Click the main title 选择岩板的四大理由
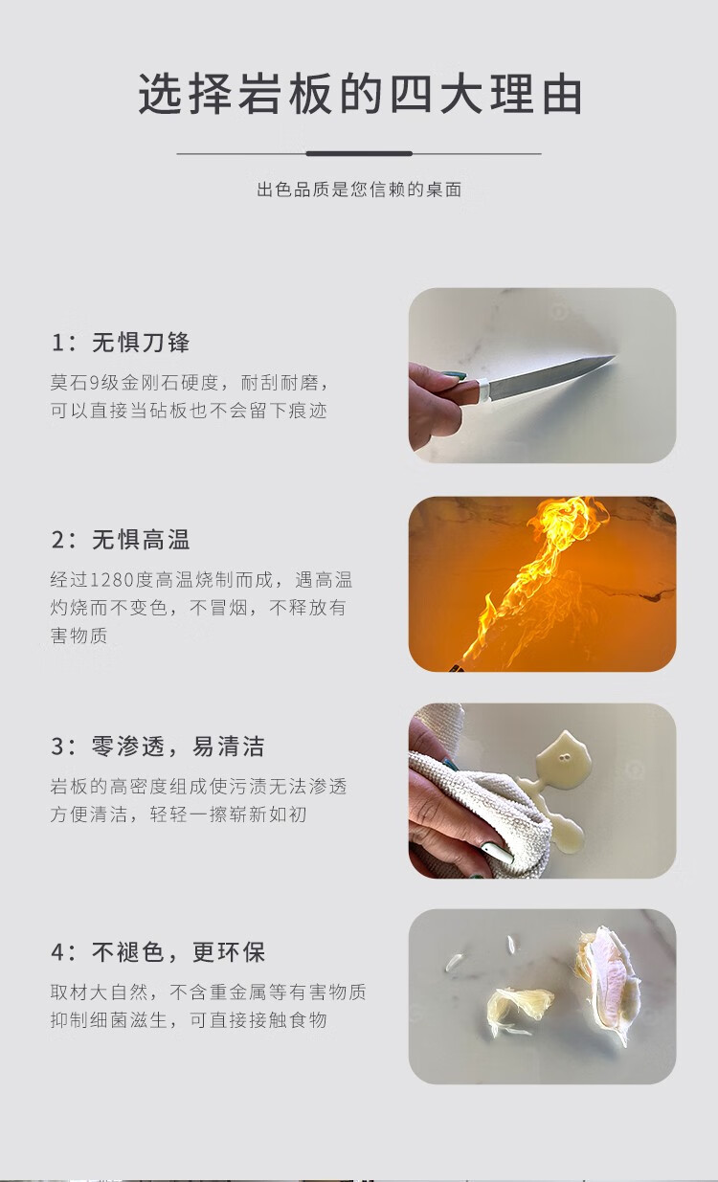360,94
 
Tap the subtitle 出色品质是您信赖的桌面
360,189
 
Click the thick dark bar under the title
359,153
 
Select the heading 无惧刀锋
141,343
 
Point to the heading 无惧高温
141,540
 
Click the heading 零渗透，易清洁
178,747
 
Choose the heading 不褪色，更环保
178,952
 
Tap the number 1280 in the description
112,579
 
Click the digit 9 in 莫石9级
94,382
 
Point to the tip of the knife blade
616,357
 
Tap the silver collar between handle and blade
484,389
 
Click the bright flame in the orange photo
533,575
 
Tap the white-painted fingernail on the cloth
496,853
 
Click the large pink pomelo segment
608,980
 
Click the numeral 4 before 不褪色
57,952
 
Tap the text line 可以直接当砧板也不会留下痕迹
189,411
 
